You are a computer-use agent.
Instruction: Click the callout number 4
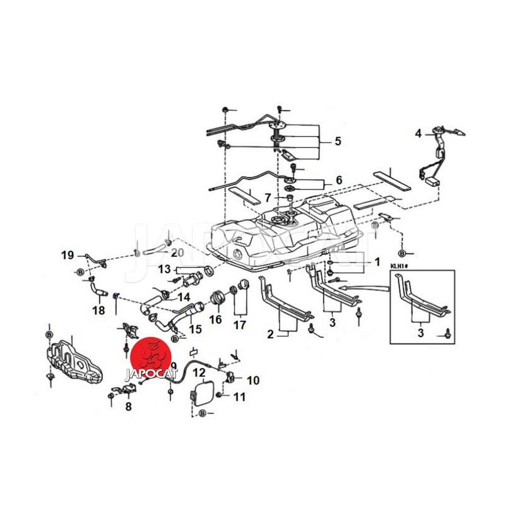click(417, 133)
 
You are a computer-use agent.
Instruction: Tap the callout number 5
click(338, 141)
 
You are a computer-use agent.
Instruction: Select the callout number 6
click(338, 181)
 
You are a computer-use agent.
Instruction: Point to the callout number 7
click(268, 198)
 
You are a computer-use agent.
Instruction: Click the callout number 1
click(377, 261)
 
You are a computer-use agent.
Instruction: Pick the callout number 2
click(270, 333)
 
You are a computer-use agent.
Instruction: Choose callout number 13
click(164, 270)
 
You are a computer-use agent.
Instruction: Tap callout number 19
click(68, 255)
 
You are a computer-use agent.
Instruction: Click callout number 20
click(177, 252)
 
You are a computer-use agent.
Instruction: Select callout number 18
click(98, 311)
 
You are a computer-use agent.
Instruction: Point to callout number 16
click(216, 319)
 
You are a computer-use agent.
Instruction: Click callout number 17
click(239, 326)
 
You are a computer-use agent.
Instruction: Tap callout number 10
click(252, 380)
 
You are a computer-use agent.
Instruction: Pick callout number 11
click(239, 397)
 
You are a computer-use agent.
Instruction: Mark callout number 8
click(128, 407)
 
